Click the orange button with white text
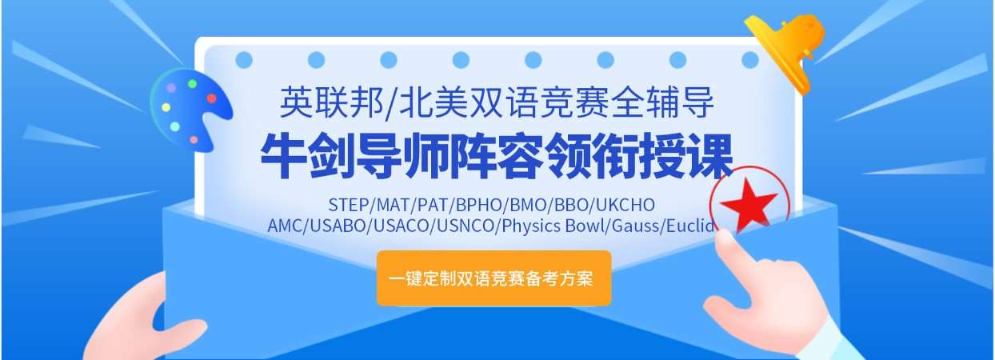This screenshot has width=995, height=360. [x=494, y=278]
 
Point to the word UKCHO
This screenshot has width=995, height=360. [x=625, y=205]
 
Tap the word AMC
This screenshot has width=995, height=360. [x=285, y=226]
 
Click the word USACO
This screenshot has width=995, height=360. [x=402, y=226]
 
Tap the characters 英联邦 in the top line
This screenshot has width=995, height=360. [x=331, y=102]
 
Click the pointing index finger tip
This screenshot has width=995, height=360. [x=725, y=238]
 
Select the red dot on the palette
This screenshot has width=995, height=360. [x=211, y=98]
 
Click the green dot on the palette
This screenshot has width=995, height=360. [x=192, y=83]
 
